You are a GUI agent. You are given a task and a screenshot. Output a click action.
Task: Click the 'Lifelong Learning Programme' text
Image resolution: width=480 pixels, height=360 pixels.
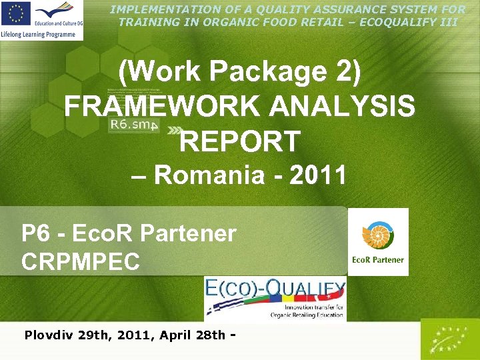[x=41, y=33]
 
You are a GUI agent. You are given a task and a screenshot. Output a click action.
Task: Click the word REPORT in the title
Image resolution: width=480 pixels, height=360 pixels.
[x=240, y=141]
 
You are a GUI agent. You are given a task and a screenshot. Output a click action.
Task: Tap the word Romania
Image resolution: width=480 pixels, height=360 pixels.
[x=209, y=175]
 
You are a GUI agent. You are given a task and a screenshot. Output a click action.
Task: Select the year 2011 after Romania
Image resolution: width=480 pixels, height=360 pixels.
[x=318, y=175]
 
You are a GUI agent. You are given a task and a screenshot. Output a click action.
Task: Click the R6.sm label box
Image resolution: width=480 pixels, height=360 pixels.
[x=133, y=124]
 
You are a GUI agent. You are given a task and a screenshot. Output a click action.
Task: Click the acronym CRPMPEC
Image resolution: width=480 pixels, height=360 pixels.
[x=81, y=261]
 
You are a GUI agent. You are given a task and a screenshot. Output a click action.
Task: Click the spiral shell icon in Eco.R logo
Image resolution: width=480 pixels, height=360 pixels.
[x=377, y=235]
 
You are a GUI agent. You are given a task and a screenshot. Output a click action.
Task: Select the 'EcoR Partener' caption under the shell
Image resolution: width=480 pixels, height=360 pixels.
[x=378, y=260]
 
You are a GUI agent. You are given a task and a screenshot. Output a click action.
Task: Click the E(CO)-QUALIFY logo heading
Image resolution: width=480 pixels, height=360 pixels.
[x=275, y=289]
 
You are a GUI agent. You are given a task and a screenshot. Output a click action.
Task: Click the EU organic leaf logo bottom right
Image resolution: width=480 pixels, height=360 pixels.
[x=449, y=339]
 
